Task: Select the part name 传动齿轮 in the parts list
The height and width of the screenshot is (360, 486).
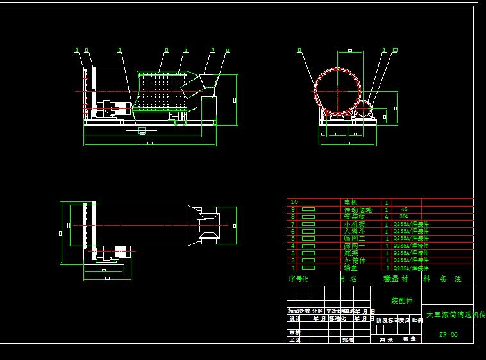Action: (x=358, y=210)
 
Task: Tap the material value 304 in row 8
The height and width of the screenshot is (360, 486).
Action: (x=403, y=217)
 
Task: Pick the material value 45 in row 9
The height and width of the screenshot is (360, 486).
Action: (x=404, y=210)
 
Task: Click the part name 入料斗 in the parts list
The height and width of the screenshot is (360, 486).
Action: (x=354, y=232)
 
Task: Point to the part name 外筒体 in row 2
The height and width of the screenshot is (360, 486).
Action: (x=354, y=261)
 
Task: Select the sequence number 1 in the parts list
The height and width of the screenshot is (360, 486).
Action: (x=294, y=268)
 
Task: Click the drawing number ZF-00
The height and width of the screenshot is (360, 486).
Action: (x=448, y=334)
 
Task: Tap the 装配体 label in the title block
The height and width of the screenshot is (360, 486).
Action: (x=402, y=300)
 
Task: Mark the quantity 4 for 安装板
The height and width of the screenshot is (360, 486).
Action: (x=386, y=217)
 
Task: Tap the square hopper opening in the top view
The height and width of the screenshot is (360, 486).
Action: (x=208, y=225)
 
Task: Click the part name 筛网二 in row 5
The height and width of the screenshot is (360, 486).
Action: (x=354, y=239)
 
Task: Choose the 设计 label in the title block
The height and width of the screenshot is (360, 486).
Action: (x=295, y=318)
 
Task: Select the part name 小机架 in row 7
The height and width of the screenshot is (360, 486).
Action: (x=354, y=224)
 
